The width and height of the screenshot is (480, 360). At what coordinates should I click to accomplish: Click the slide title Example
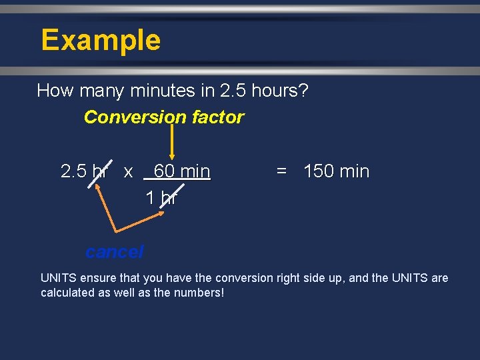(101, 40)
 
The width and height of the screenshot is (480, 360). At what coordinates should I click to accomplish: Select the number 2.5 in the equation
(74, 171)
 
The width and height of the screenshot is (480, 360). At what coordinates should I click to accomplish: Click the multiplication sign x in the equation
(128, 172)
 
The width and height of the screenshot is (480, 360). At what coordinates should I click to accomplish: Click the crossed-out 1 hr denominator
(161, 197)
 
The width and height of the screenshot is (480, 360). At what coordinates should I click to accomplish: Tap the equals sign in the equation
(281, 171)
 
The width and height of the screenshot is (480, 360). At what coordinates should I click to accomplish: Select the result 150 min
(336, 171)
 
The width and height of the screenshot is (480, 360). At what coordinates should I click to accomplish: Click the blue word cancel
(114, 252)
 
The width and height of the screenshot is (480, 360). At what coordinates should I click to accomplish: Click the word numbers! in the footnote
(201, 293)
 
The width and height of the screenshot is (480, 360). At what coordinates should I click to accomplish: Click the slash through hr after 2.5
(98, 171)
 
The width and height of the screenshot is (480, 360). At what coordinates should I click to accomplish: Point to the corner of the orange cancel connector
(117, 231)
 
